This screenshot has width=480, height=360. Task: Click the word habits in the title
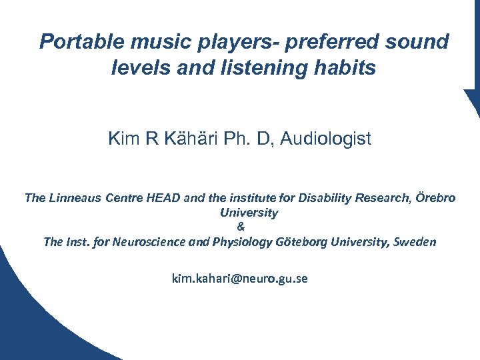pyautogui.click(x=344, y=67)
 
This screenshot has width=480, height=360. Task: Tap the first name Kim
pyautogui.click(x=121, y=139)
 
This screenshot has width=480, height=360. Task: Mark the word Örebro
pyautogui.click(x=435, y=199)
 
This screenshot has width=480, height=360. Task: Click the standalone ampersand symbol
pyautogui.click(x=240, y=227)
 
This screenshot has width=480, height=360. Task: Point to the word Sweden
pyautogui.click(x=415, y=241)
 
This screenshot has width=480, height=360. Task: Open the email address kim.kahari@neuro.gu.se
pyautogui.click(x=240, y=279)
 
